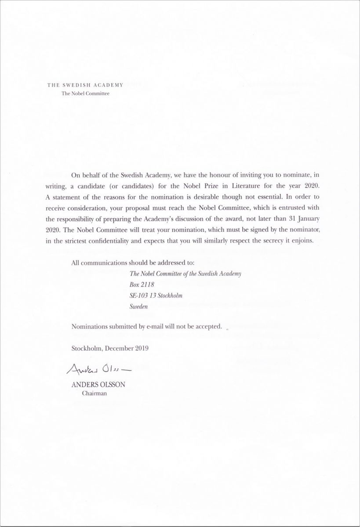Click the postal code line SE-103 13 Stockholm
click(x=156, y=296)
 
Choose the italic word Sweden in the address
click(x=138, y=307)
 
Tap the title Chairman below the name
click(x=95, y=393)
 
